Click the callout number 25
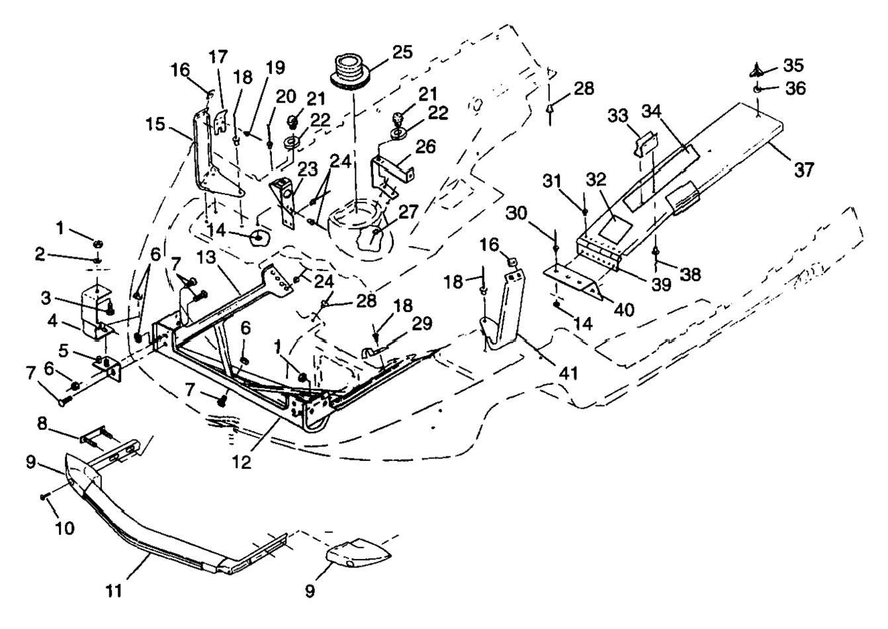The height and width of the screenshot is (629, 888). point(401,52)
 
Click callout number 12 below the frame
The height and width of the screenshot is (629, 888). point(242,462)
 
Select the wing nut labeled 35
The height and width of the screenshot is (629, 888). point(761,68)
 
